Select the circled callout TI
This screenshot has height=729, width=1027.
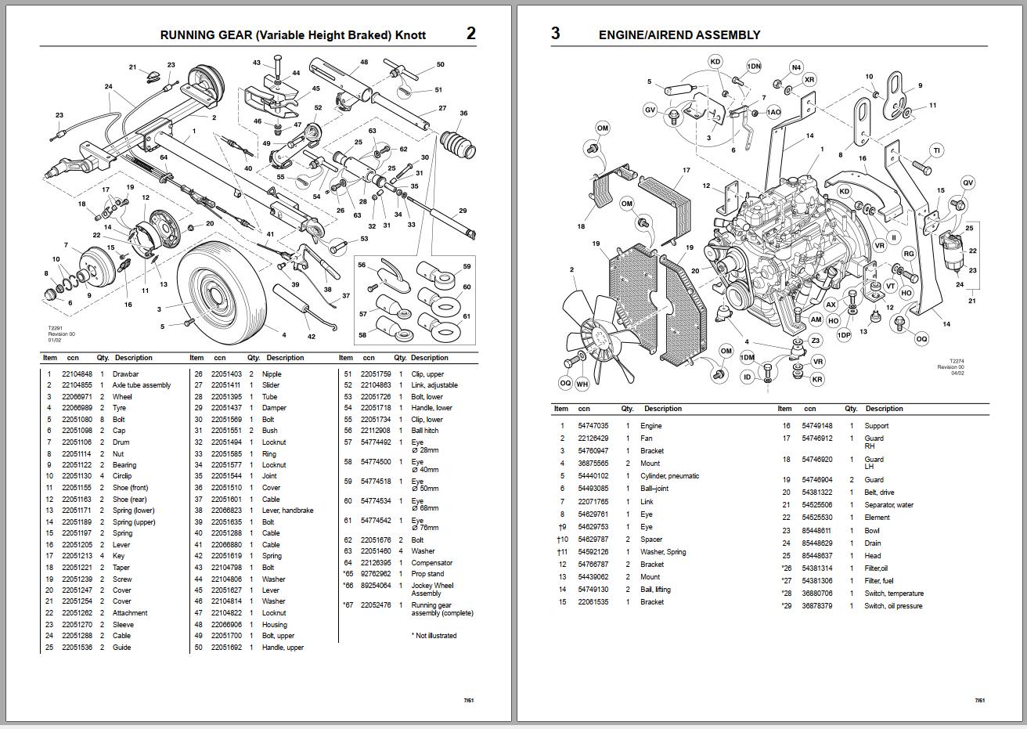click(936, 150)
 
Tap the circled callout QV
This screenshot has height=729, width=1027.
click(968, 183)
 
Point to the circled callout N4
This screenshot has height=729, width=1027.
click(796, 67)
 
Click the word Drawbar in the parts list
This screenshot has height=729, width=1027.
click(125, 374)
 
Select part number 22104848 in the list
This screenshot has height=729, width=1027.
click(77, 374)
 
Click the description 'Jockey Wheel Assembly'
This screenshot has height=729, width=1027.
click(432, 590)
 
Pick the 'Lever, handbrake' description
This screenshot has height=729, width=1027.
click(287, 511)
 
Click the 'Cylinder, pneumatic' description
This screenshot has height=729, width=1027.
click(669, 476)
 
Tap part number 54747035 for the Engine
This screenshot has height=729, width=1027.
click(593, 426)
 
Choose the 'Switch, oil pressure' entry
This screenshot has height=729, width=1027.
click(893, 606)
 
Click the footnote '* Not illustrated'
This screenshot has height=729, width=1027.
click(434, 636)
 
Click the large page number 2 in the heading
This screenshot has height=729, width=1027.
click(470, 33)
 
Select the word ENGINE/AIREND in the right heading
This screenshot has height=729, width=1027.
click(648, 35)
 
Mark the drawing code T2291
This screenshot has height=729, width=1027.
click(55, 329)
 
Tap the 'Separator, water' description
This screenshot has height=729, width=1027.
click(888, 505)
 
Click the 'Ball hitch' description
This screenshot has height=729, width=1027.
click(425, 431)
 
